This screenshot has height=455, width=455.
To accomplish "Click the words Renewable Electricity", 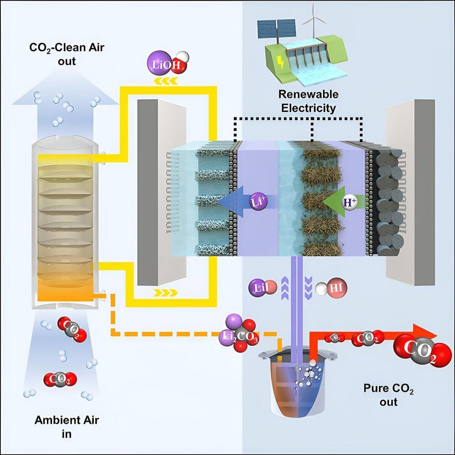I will [308, 101].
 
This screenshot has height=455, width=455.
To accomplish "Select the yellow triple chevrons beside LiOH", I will [167, 81].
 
